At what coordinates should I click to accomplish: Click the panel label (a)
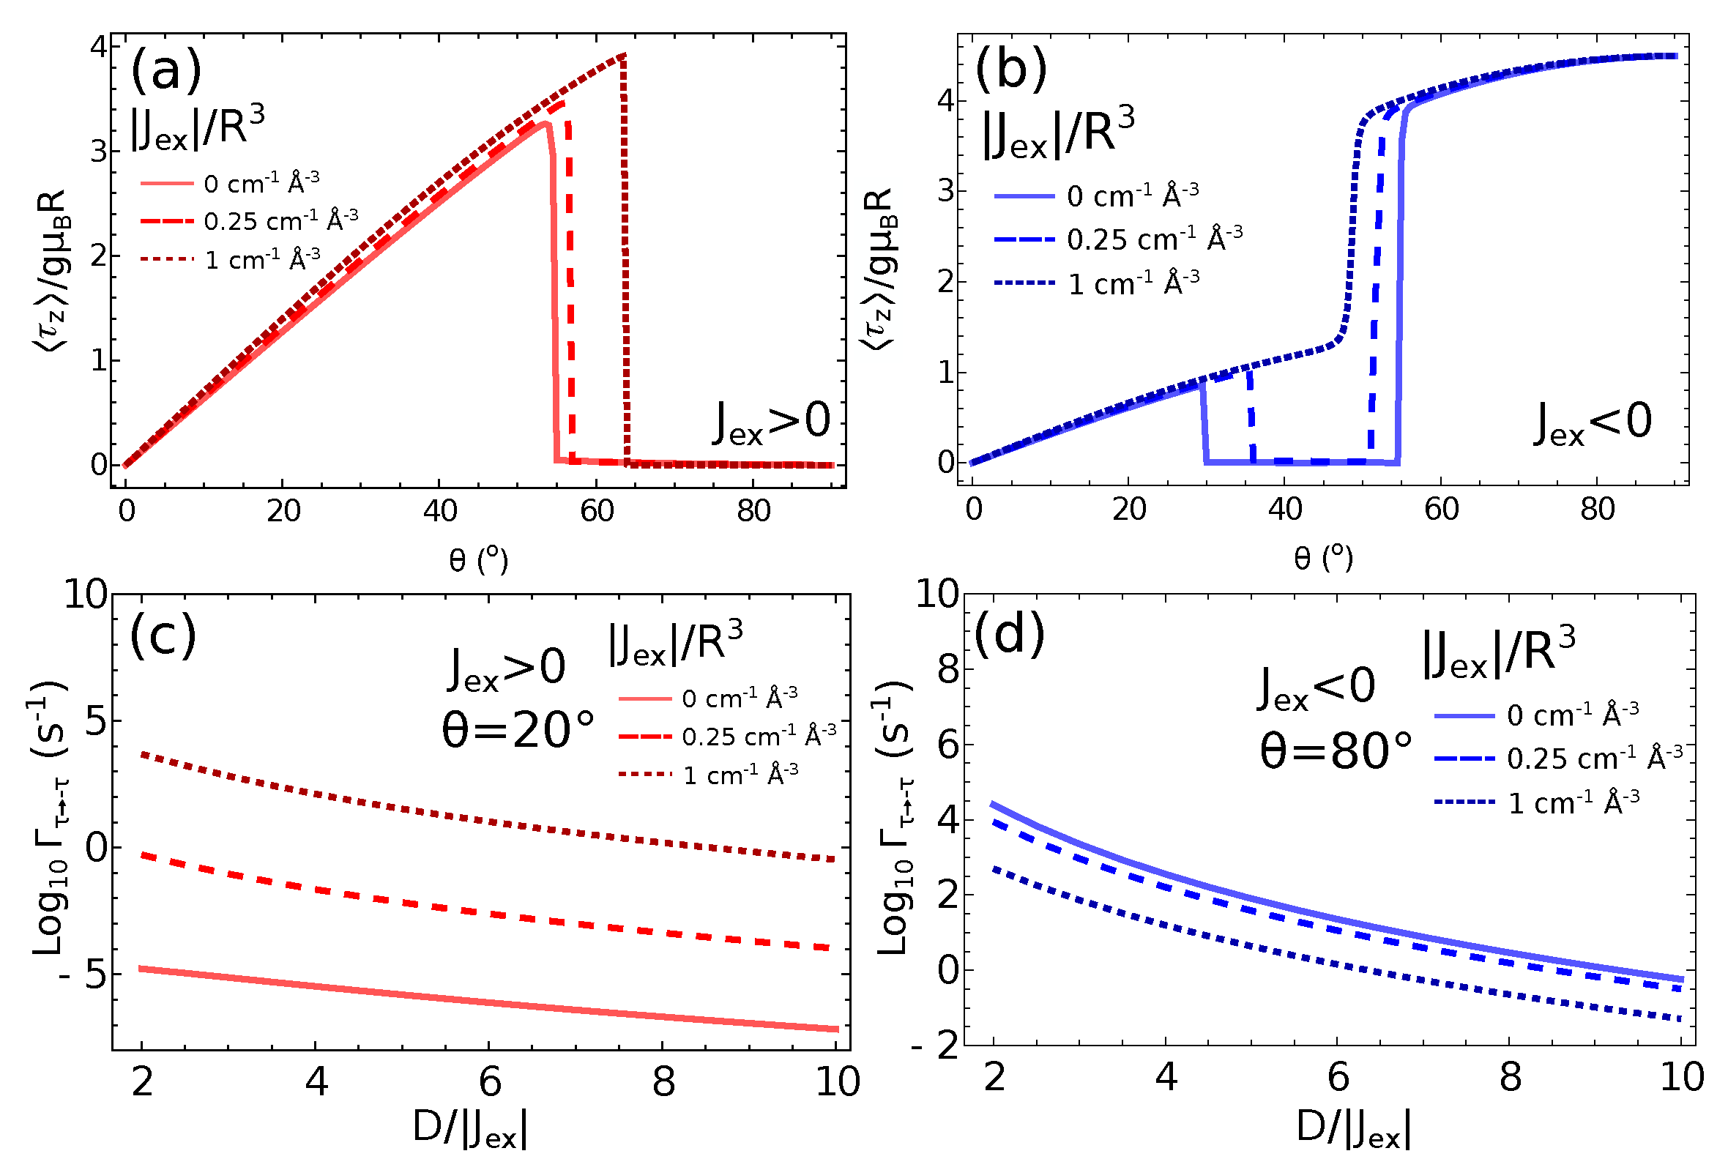165,70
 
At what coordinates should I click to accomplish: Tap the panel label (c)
163,636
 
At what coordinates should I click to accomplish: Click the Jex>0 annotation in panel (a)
771,423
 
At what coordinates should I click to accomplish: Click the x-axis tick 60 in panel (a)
596,511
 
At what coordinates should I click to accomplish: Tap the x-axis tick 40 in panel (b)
1285,510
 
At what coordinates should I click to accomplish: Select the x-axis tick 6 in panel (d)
1338,1077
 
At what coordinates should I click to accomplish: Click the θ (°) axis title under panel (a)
478,559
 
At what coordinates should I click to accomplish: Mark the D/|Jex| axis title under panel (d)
1352,1129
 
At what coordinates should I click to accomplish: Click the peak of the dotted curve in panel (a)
623,54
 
